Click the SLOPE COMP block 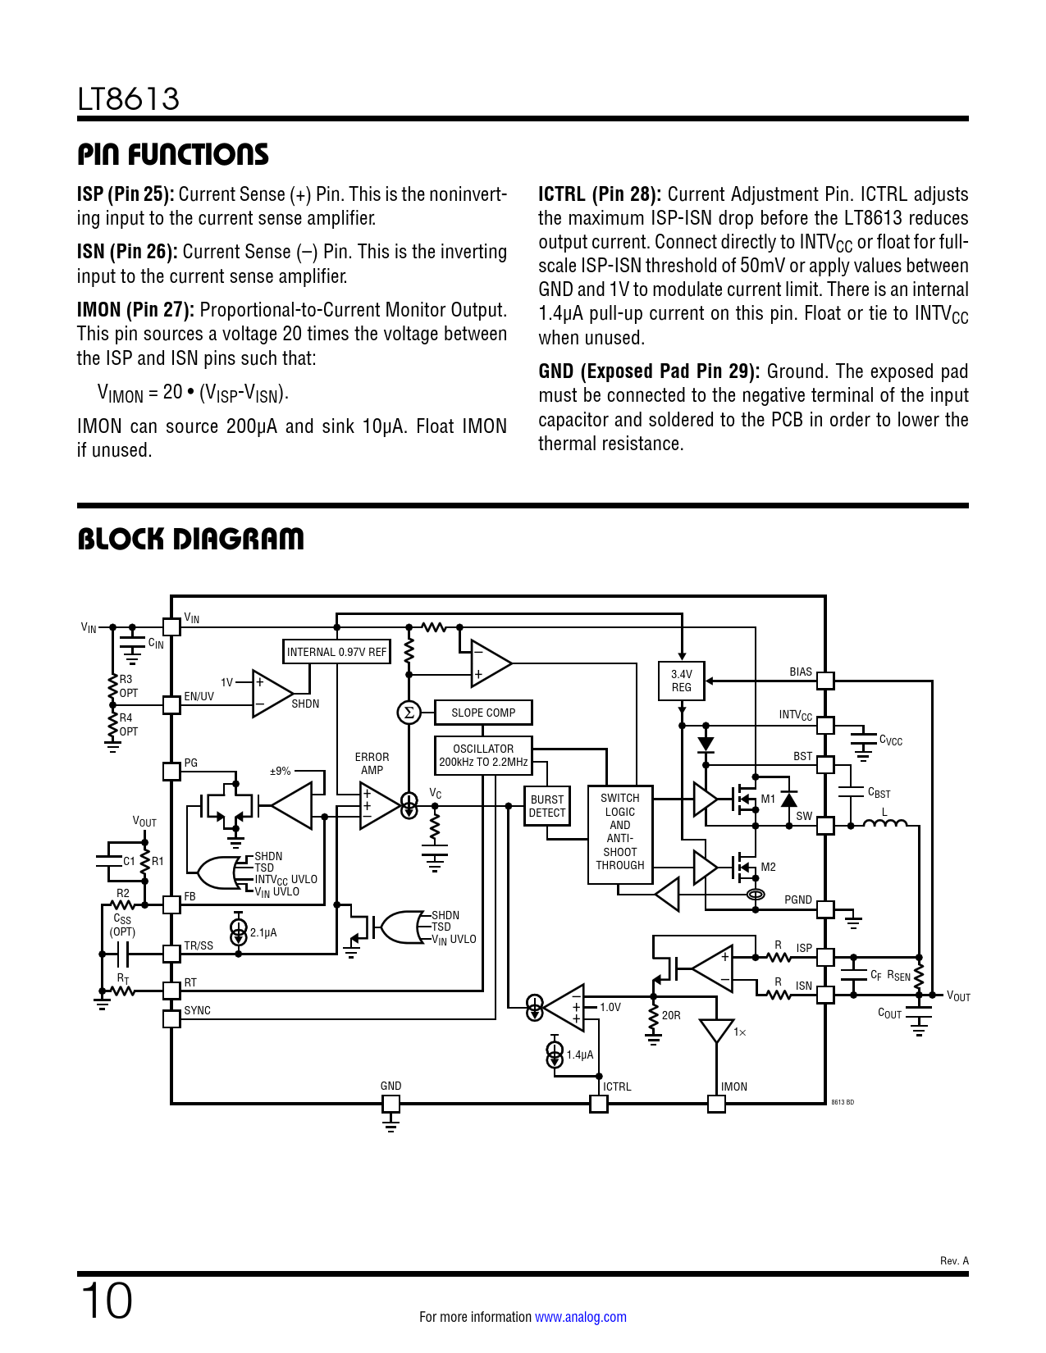483,713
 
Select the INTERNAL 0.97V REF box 336,652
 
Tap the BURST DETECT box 547,806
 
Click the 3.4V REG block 682,681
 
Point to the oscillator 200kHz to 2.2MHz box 483,755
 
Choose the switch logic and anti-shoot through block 620,834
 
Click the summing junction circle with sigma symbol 409,713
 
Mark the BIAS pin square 824,681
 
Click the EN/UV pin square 171,705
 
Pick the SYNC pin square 171,1019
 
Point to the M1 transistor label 768,799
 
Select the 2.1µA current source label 263,932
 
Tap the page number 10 107,1301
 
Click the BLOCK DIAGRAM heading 190,540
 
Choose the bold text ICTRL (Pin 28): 600,194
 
